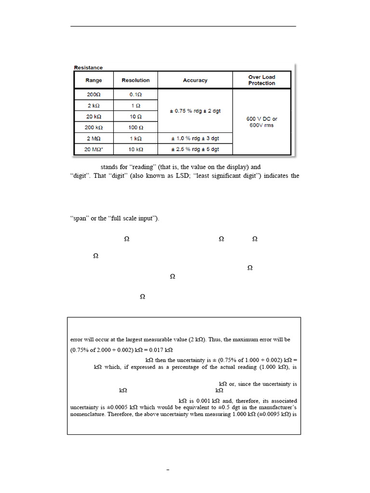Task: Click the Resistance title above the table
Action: point(88,68)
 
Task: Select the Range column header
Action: point(94,80)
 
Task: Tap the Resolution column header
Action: point(135,80)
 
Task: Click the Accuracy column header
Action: point(195,80)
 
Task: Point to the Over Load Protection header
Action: point(262,80)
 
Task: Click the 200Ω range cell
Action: point(94,95)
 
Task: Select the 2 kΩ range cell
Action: point(94,106)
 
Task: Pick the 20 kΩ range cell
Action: point(94,117)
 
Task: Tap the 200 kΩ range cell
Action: point(94,128)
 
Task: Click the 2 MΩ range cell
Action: point(94,139)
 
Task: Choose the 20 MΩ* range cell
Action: point(94,149)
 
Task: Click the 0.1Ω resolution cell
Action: point(135,95)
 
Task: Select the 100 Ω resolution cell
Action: point(135,128)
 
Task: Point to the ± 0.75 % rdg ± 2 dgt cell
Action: point(195,111)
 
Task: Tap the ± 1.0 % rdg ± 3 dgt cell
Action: point(195,139)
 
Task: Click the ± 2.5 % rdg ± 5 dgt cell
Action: point(195,149)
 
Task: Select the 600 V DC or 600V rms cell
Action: point(262,122)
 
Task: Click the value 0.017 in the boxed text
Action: point(150,350)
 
